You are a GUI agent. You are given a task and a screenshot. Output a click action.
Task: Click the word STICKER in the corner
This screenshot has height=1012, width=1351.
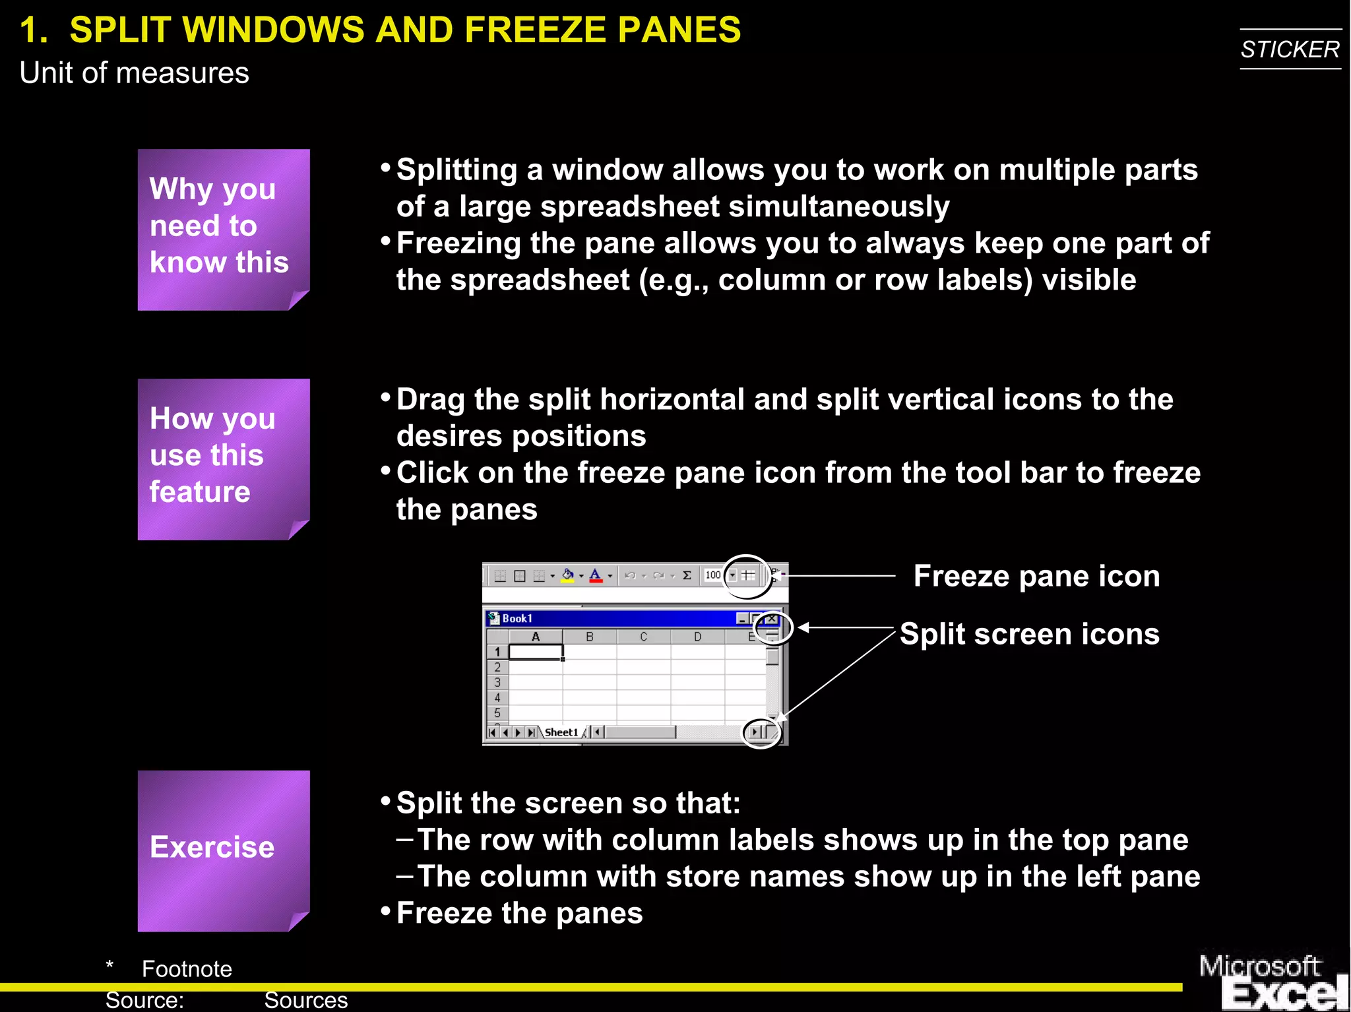[x=1290, y=49]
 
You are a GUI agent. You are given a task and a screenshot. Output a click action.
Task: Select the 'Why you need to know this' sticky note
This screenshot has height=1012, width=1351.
[x=223, y=229]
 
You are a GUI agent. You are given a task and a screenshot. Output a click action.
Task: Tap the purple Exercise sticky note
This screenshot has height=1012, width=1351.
[x=223, y=850]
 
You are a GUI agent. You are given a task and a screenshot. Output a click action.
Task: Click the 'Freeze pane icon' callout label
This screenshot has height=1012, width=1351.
[x=1036, y=576]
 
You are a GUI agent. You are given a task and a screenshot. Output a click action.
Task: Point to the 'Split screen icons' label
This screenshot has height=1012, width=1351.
[x=1029, y=634]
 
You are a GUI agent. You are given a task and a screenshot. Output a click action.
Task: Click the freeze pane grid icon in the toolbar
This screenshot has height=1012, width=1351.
[x=748, y=575]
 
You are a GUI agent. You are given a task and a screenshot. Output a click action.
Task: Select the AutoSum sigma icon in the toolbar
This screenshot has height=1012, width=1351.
[x=687, y=575]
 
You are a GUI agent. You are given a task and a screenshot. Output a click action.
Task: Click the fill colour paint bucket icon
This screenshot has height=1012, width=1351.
[x=567, y=575]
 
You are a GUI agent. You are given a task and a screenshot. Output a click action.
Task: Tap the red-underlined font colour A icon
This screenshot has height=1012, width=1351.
[x=596, y=575]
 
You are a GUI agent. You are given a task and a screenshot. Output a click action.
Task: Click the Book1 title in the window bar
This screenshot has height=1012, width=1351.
[x=517, y=619]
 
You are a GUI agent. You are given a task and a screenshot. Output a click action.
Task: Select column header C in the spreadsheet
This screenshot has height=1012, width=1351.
[x=643, y=637]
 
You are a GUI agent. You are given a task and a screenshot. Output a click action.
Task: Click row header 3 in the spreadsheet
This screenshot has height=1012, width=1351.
[x=497, y=682]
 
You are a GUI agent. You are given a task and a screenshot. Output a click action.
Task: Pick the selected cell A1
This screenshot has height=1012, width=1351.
[x=536, y=652]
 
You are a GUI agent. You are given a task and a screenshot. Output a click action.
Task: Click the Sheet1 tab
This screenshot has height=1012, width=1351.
[x=561, y=732]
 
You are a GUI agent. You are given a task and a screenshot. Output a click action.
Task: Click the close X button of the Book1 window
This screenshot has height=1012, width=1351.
[x=771, y=619]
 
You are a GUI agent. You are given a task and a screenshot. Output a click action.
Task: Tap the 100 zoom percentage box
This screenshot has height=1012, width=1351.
[x=713, y=575]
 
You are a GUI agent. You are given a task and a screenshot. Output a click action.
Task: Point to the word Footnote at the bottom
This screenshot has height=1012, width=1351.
[x=187, y=969]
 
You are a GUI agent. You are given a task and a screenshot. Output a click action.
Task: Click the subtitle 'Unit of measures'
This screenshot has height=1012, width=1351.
[x=134, y=73]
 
